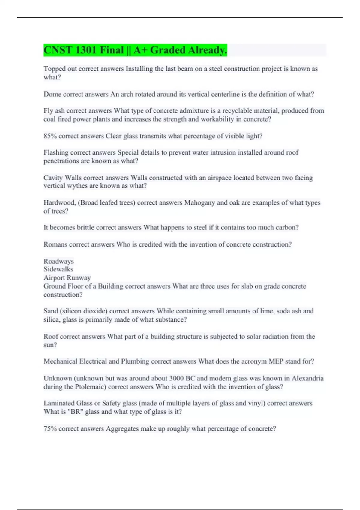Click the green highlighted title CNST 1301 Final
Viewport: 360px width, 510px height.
(x=135, y=50)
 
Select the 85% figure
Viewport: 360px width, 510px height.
(x=50, y=136)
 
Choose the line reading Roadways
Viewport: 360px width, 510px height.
(x=58, y=261)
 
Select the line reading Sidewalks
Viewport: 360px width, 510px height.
(x=58, y=269)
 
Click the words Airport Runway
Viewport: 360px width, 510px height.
(x=67, y=278)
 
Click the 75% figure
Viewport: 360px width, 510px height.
(x=50, y=429)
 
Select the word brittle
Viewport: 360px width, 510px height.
(x=85, y=228)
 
